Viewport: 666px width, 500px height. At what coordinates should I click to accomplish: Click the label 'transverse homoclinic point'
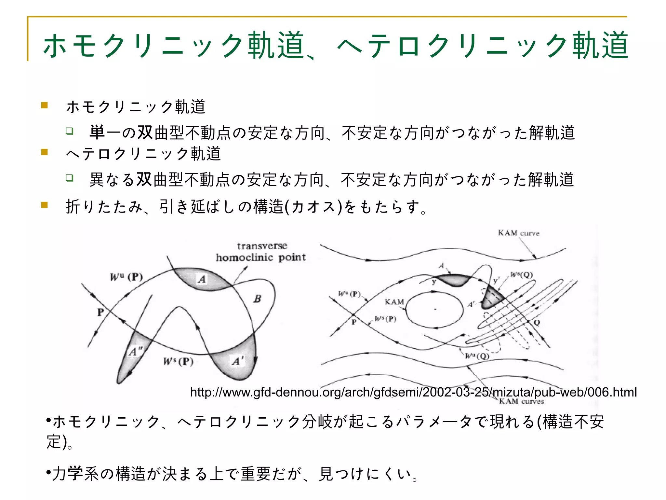tap(261, 252)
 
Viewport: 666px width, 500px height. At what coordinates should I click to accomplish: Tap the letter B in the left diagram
tap(258, 299)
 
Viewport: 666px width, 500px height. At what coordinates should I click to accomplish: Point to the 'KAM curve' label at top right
tap(518, 233)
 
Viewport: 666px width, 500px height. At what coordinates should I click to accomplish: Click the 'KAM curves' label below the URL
tap(521, 401)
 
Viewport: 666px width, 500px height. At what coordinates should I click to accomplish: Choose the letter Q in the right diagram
tap(537, 323)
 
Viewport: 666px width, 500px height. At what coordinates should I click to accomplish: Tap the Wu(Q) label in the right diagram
tap(477, 356)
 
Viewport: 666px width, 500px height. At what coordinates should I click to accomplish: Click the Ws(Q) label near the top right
tap(521, 275)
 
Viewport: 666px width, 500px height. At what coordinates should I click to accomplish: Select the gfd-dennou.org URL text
tap(413, 392)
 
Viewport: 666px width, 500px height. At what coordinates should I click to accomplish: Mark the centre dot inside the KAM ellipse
tap(435, 309)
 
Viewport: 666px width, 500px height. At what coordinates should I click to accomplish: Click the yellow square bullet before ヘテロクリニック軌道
tap(45, 152)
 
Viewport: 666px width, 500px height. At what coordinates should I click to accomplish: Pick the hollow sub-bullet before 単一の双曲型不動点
tap(69, 131)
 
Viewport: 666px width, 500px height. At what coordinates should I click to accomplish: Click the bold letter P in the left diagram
tap(100, 312)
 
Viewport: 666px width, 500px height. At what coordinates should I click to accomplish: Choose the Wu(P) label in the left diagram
tap(126, 277)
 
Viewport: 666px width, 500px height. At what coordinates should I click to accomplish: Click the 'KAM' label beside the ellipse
tap(394, 302)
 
